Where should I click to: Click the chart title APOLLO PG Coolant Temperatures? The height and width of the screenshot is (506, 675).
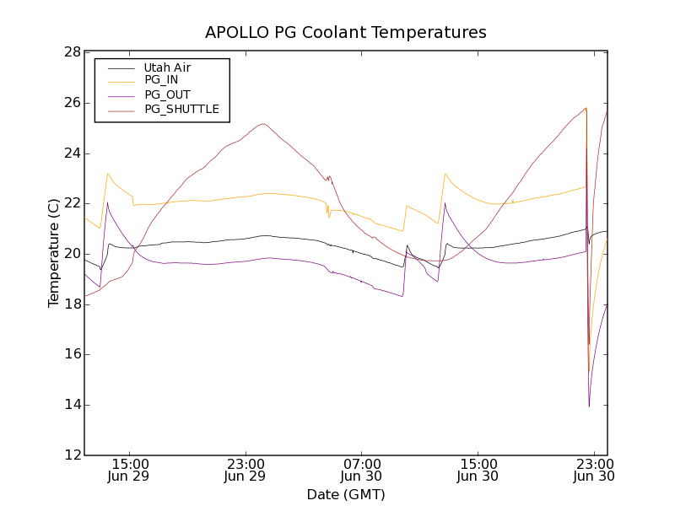point(346,32)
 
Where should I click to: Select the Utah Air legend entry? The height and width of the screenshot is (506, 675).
point(167,67)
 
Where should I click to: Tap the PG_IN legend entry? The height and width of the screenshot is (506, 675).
point(161,80)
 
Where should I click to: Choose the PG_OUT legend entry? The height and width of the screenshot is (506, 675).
point(167,94)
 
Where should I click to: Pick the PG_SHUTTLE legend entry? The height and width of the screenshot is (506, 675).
point(181,109)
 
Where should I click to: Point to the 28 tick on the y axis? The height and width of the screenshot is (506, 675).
point(73,52)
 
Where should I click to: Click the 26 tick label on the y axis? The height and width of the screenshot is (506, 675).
point(73,103)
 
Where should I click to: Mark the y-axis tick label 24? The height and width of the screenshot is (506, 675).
point(73,153)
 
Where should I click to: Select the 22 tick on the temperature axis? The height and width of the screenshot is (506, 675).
point(73,203)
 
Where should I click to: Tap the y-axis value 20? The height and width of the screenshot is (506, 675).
point(73,254)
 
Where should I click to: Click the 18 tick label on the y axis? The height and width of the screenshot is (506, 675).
point(73,304)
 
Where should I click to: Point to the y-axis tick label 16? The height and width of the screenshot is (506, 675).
point(73,354)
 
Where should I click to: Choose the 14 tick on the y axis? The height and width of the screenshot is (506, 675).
point(73,405)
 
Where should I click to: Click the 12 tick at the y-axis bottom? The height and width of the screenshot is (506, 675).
point(73,455)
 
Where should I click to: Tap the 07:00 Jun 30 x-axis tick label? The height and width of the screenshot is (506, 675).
point(362,470)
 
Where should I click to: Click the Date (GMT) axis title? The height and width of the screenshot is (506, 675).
point(346,494)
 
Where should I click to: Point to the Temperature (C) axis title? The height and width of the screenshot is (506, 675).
point(54,253)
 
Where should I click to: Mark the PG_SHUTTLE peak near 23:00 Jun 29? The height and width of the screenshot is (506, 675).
point(263,124)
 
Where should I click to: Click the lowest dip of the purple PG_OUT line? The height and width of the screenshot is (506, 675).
point(589,406)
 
